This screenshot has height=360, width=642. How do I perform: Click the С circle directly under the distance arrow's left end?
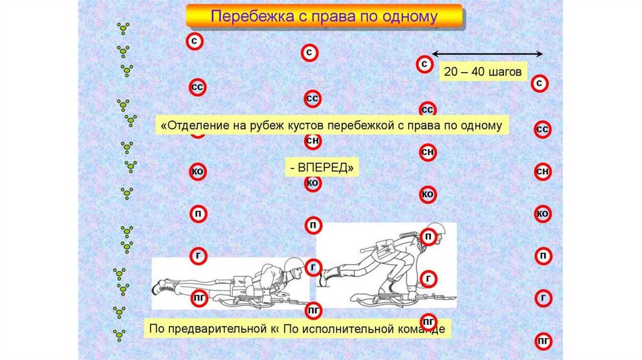pyautogui.click(x=425, y=64)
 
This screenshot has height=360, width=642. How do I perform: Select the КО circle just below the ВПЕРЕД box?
pyautogui.click(x=313, y=183)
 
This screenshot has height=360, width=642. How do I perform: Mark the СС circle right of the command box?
pyautogui.click(x=543, y=129)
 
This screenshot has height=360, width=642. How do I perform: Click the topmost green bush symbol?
pyautogui.click(x=124, y=29)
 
